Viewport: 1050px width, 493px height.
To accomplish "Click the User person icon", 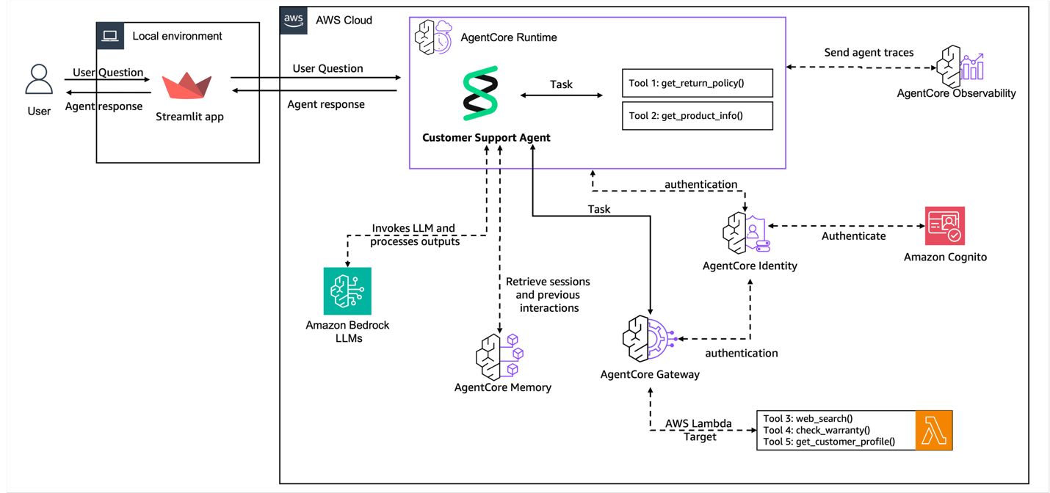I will [x=39, y=80].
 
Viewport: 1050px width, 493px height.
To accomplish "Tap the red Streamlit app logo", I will [x=187, y=86].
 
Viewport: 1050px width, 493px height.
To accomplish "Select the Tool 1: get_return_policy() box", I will [x=697, y=83].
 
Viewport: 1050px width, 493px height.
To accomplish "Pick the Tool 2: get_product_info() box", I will [x=697, y=116].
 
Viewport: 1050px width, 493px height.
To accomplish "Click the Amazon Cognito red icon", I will [x=944, y=226].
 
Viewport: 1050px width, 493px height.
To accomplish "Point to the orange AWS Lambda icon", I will [x=934, y=430].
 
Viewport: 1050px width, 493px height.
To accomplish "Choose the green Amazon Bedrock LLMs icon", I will [x=347, y=291].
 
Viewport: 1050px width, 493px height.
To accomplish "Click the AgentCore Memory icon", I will [x=499, y=357].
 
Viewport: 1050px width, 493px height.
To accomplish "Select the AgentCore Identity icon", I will [x=745, y=233].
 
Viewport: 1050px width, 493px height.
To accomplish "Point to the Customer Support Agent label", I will [x=486, y=138].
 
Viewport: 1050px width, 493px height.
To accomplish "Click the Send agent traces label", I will [x=869, y=53].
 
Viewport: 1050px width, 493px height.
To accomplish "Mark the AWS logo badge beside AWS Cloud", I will [x=294, y=20].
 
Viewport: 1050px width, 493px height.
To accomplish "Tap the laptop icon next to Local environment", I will [x=111, y=35].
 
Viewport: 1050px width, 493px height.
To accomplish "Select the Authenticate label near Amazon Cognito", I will [x=853, y=236].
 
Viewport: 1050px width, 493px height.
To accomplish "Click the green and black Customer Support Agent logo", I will [x=481, y=93].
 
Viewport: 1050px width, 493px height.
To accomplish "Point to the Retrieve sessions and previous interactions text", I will [x=548, y=294].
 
